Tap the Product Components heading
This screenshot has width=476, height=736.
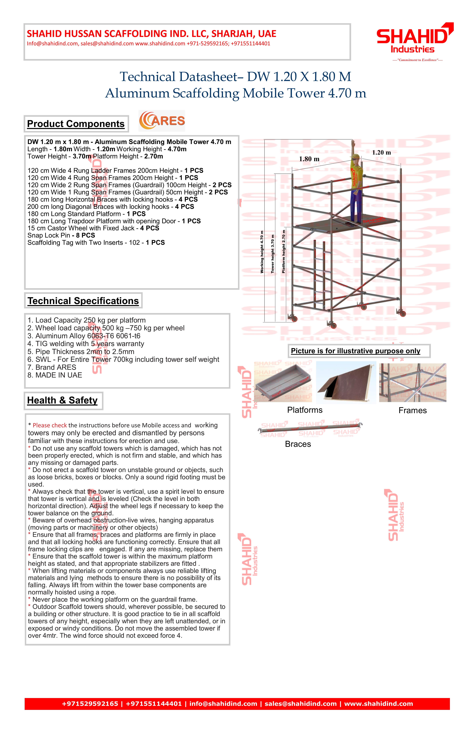click(76, 124)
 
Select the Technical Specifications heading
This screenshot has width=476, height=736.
click(83, 301)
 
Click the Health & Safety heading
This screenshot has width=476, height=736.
click(62, 400)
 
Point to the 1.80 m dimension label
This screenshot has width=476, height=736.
click(309, 159)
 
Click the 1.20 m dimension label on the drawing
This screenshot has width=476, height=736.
click(381, 152)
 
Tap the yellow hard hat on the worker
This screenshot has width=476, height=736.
click(356, 157)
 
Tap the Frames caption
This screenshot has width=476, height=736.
click(412, 410)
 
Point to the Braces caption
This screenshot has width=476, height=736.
click(298, 444)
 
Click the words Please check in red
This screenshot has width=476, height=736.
click(50, 425)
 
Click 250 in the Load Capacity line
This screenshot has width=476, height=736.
click(90, 320)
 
